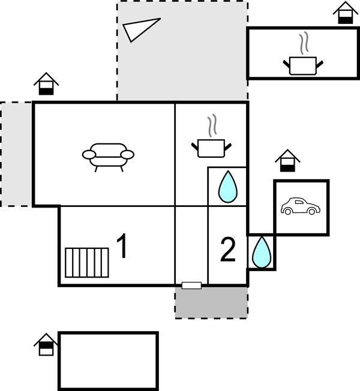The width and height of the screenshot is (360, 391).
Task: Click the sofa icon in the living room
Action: pyautogui.click(x=108, y=155)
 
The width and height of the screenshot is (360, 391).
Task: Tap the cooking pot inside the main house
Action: pyautogui.click(x=211, y=146)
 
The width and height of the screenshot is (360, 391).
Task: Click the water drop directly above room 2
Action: pyautogui.click(x=227, y=187)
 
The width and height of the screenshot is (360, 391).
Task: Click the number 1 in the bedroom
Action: pyautogui.click(x=122, y=247)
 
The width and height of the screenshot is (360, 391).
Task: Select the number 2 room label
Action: pyautogui.click(x=227, y=251)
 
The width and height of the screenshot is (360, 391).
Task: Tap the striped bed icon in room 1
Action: pyautogui.click(x=87, y=263)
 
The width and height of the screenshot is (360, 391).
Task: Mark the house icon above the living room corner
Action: pyautogui.click(x=46, y=83)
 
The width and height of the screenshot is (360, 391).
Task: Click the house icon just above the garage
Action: pyautogui.click(x=287, y=161)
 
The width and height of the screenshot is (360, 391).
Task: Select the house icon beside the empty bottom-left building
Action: pyautogui.click(x=46, y=345)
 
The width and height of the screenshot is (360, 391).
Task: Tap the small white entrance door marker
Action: pyautogui.click(x=191, y=285)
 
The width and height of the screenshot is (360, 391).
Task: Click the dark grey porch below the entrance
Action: pyautogui.click(x=211, y=302)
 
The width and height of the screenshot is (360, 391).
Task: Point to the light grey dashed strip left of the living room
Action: pyautogui.click(x=16, y=154)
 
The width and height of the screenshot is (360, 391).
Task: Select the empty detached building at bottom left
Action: pyautogui.click(x=108, y=360)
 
